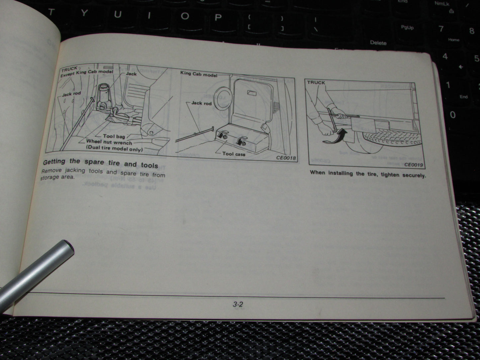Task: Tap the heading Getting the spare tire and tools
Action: coord(100,163)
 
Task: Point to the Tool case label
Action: coord(234,154)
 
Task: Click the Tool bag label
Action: coord(114,136)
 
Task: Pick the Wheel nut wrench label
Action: coord(109,142)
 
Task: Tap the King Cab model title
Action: coord(199,74)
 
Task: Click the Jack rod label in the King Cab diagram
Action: coord(201,103)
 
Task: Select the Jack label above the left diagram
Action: coord(131,73)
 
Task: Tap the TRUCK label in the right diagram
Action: coord(316,82)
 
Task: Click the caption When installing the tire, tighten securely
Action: coord(367,174)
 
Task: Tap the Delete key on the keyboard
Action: coord(378,43)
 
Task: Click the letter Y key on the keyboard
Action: coord(84,13)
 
